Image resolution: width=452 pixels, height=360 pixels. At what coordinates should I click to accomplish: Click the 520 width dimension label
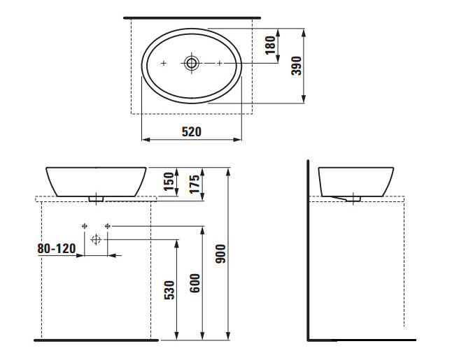click(x=192, y=131)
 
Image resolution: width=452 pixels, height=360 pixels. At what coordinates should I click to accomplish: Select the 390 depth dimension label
click(x=297, y=66)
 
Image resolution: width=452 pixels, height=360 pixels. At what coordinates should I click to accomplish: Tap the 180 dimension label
click(x=270, y=45)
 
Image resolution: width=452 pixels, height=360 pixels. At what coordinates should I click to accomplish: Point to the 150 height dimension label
click(x=169, y=182)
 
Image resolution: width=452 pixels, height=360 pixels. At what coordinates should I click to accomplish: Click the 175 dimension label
click(x=195, y=184)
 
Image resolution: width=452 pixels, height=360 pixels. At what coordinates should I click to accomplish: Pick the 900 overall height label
click(x=221, y=254)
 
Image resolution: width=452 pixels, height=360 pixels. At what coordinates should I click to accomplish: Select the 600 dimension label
click(x=195, y=283)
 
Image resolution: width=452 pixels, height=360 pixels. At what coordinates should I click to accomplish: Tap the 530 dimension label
click(x=169, y=290)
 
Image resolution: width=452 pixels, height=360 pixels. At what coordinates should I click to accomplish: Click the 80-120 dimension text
click(x=57, y=249)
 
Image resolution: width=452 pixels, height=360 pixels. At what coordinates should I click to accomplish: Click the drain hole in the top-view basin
click(x=192, y=63)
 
